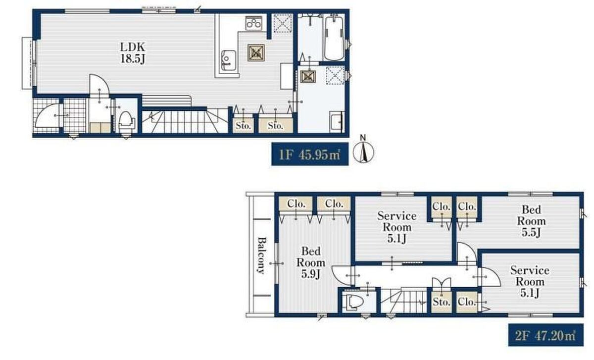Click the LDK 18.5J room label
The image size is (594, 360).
tap(133, 53)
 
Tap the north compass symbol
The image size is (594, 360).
tap(363, 150)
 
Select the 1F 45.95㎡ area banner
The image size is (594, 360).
tap(310, 154)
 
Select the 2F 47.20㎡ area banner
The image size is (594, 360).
tap(545, 335)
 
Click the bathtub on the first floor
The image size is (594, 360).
tap(334, 38)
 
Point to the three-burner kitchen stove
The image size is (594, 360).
tap(254, 23)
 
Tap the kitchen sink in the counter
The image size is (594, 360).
tap(228, 61)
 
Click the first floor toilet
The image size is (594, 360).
tap(126, 122)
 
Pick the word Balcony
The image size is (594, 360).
tap(262, 255)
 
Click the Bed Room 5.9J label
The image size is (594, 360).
tap(311, 262)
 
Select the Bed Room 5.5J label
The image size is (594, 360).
tap(531, 221)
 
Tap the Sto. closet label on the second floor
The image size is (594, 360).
tap(442, 302)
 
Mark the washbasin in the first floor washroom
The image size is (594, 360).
tap(336, 122)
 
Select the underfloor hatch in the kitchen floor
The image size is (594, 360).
tap(256, 53)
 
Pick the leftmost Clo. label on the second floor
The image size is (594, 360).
tap(296, 204)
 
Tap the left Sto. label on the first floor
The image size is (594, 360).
tap(243, 125)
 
